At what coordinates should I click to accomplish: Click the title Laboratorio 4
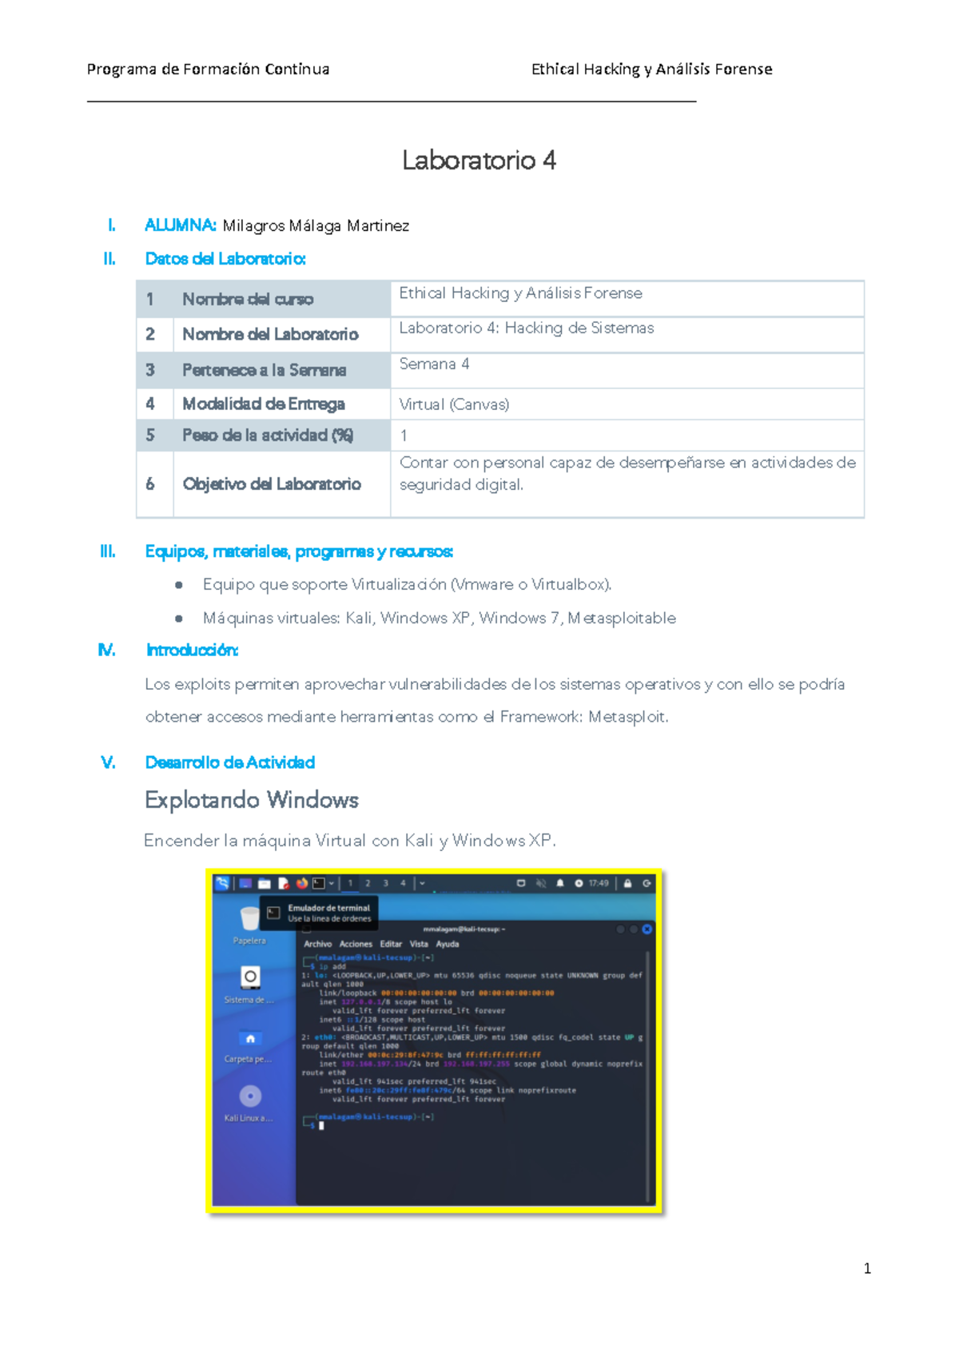479,161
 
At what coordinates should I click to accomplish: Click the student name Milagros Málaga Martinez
316,226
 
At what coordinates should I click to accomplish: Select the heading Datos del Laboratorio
225,259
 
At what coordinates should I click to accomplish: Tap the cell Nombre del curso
248,300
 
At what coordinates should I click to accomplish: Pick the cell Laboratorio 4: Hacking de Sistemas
526,328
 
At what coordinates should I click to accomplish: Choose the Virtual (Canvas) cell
454,404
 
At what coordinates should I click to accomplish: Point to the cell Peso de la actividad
268,436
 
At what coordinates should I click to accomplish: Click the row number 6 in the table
150,484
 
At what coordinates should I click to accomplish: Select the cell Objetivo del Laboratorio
272,484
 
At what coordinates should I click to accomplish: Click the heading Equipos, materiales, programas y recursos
299,551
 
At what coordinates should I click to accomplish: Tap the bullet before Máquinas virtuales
179,619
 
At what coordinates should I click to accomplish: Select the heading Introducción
192,651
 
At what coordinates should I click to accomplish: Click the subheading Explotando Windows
252,800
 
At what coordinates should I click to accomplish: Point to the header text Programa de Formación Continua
208,70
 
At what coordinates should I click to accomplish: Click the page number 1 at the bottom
867,1268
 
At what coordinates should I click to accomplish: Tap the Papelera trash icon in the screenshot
249,920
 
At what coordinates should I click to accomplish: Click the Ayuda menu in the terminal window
448,944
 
